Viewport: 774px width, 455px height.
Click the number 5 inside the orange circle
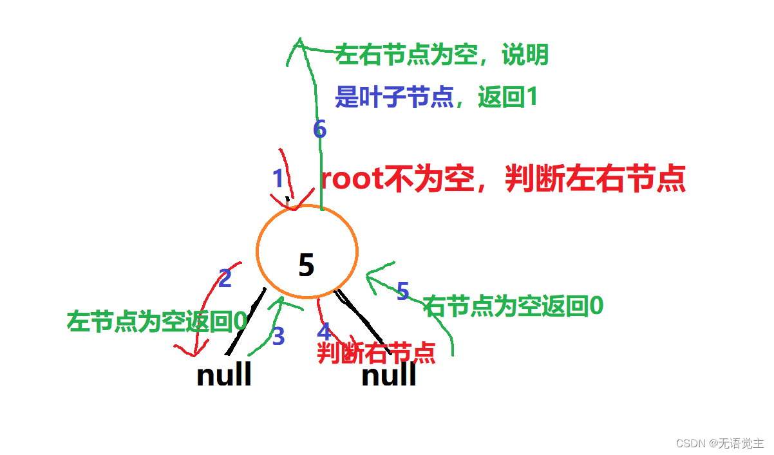(x=307, y=265)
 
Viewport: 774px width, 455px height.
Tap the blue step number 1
(x=278, y=179)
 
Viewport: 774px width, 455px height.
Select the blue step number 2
(x=225, y=279)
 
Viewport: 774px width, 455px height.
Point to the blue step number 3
(x=278, y=337)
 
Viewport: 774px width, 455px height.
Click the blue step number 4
(x=324, y=332)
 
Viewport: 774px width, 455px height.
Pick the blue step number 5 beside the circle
(x=402, y=292)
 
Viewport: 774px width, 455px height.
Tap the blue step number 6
(x=319, y=130)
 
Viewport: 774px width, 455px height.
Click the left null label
(x=223, y=375)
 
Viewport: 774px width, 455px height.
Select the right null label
(x=388, y=375)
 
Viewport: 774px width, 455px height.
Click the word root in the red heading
(x=352, y=180)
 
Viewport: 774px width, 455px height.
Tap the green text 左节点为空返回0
(x=157, y=321)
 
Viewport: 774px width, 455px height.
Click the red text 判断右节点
(x=376, y=353)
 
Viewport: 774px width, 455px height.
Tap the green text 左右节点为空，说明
(x=442, y=55)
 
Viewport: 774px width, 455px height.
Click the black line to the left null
(x=247, y=321)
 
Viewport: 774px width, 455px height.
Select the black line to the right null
(x=361, y=318)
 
